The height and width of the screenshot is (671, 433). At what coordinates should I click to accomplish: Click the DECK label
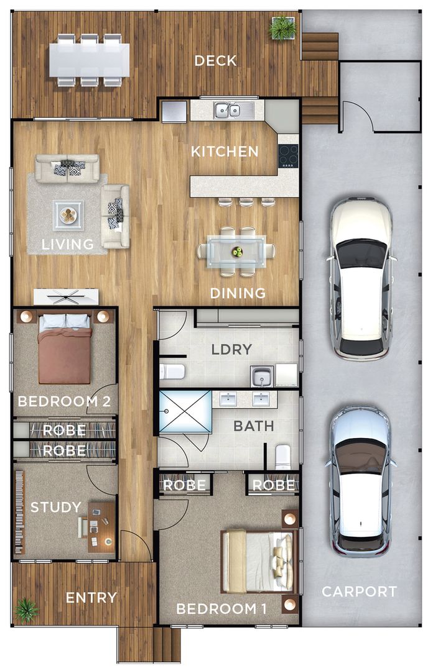tap(215, 61)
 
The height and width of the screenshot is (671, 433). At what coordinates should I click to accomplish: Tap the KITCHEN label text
tap(224, 152)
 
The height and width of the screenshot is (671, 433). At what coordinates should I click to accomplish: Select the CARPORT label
tap(359, 591)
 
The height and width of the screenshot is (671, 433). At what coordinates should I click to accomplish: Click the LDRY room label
tap(231, 349)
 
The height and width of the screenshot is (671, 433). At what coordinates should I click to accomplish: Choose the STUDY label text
tap(55, 507)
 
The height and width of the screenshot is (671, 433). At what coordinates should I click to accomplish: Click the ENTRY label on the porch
tap(91, 598)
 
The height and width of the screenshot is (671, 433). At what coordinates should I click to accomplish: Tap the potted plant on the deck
tap(282, 28)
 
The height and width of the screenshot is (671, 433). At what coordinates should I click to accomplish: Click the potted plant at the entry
tap(26, 609)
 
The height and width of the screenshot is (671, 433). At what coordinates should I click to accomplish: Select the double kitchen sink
tap(227, 111)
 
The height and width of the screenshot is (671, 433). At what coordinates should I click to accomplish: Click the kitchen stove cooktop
tap(288, 155)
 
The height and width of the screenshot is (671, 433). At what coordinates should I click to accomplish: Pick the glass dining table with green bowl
tap(236, 251)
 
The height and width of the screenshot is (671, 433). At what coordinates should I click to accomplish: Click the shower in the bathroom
tap(185, 411)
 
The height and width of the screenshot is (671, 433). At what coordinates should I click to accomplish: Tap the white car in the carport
tap(361, 278)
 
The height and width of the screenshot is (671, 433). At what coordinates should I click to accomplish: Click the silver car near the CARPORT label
tap(361, 482)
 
